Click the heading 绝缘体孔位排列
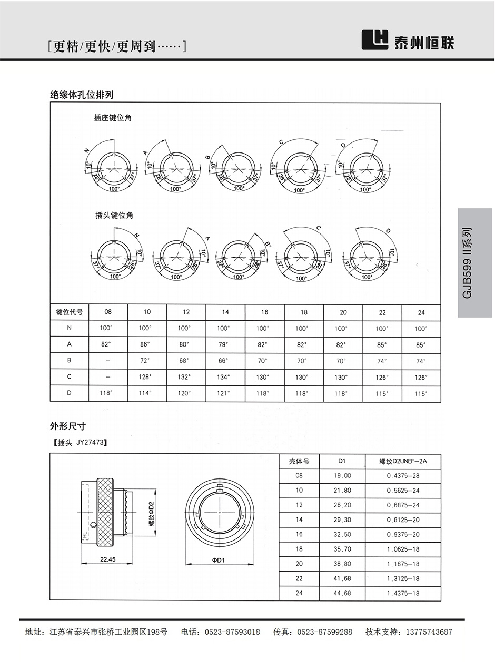(82, 95)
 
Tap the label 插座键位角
(113, 118)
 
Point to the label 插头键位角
(114, 215)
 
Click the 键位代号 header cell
(70, 312)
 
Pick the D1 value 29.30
(342, 520)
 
